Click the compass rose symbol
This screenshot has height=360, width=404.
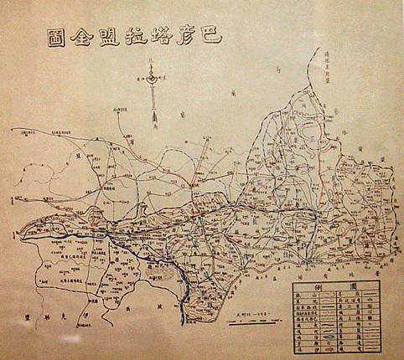152,80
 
